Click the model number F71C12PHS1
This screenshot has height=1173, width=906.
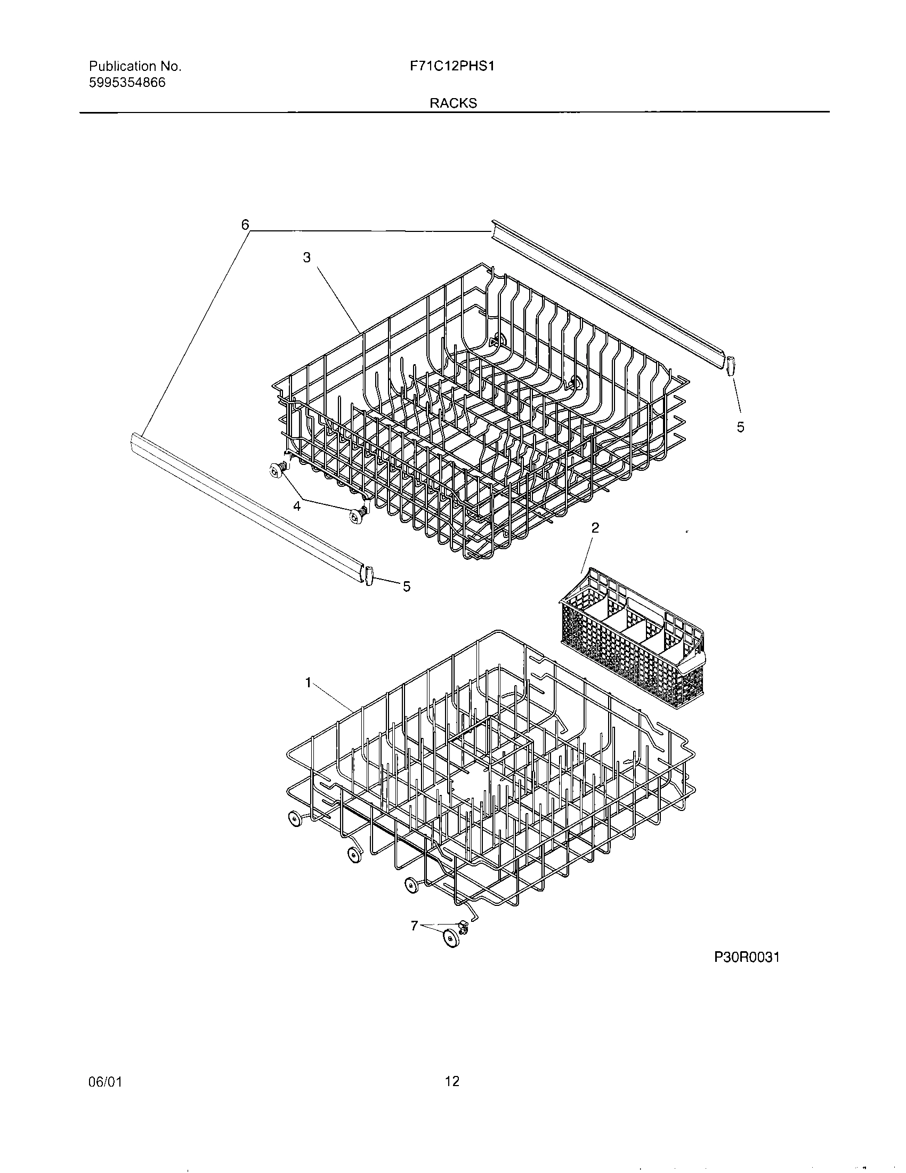pyautogui.click(x=451, y=66)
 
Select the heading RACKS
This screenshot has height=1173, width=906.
pyautogui.click(x=453, y=103)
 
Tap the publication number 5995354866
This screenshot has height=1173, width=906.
pyautogui.click(x=127, y=83)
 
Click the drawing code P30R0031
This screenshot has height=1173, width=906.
pyautogui.click(x=747, y=957)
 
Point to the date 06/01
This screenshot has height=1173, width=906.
pyautogui.click(x=105, y=1081)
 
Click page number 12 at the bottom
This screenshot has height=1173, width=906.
pyautogui.click(x=452, y=1081)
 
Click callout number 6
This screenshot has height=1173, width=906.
pyautogui.click(x=245, y=224)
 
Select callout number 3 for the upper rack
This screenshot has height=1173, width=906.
pyautogui.click(x=306, y=258)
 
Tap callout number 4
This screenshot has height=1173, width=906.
pyautogui.click(x=296, y=505)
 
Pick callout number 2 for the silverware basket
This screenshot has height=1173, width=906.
pyautogui.click(x=595, y=528)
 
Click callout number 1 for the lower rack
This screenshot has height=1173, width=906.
pyautogui.click(x=308, y=682)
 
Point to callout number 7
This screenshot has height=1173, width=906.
pyautogui.click(x=414, y=925)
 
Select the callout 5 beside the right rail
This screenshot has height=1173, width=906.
pyautogui.click(x=741, y=427)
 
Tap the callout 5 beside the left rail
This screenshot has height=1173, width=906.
pyautogui.click(x=407, y=586)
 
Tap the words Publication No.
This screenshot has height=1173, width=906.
pyautogui.click(x=135, y=66)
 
